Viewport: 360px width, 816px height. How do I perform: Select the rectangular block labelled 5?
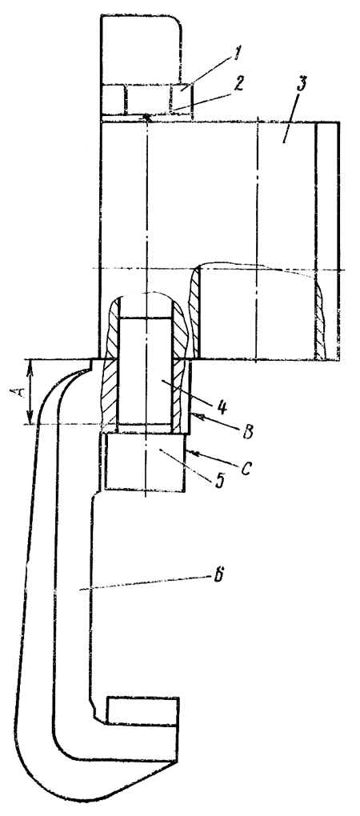145,462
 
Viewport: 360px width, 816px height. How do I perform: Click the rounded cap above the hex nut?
141,50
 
